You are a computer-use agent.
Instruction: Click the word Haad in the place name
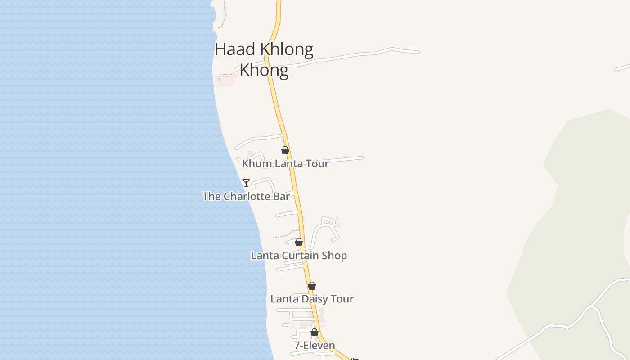point(236,49)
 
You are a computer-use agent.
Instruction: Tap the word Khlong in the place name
point(286,49)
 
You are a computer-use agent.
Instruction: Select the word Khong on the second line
point(264,70)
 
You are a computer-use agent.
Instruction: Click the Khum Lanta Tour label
point(285,163)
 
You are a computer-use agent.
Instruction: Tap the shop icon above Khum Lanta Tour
point(285,150)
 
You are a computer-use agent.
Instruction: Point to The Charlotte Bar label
point(246,196)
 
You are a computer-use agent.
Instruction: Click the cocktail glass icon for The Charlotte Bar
point(246,183)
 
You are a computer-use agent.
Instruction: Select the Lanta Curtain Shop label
point(299,256)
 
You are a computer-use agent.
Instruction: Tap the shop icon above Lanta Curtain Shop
point(299,242)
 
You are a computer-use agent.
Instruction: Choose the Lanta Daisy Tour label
point(312,299)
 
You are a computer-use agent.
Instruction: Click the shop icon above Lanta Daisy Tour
point(312,286)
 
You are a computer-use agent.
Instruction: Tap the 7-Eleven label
point(315,346)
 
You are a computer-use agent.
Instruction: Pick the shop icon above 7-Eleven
point(315,332)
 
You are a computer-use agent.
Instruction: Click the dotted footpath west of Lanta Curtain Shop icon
point(283,235)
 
